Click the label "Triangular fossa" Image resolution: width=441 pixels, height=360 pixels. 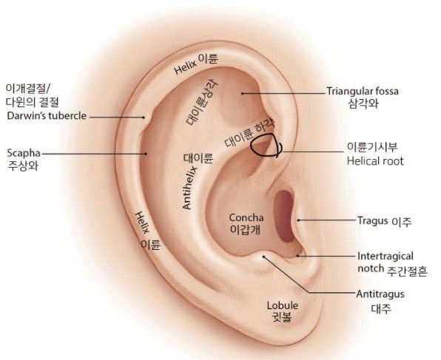click(x=363, y=92)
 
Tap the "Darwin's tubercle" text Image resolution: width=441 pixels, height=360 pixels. click(x=47, y=116)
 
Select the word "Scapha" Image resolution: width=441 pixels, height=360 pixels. click(x=24, y=154)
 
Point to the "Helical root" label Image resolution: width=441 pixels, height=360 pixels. click(x=375, y=161)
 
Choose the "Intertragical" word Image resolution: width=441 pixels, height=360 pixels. click(x=386, y=257)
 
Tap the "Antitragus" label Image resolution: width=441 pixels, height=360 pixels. click(x=380, y=294)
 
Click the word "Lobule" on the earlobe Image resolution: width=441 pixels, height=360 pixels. click(x=283, y=305)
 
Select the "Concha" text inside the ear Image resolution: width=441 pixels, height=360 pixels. click(x=246, y=217)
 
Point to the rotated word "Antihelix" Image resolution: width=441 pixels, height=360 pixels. click(x=190, y=188)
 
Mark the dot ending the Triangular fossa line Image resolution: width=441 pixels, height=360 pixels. click(x=242, y=93)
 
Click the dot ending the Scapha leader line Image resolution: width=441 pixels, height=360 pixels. click(x=146, y=154)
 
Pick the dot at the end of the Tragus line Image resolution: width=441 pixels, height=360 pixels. click(x=299, y=220)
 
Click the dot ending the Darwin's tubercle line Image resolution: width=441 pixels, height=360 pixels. click(x=144, y=118)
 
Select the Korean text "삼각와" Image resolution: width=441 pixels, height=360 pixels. click(x=363, y=103)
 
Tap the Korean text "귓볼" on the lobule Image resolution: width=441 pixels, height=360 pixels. click(x=282, y=317)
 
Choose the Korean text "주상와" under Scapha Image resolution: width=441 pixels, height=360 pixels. click(x=22, y=166)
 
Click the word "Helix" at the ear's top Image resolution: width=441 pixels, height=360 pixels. click(x=186, y=67)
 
